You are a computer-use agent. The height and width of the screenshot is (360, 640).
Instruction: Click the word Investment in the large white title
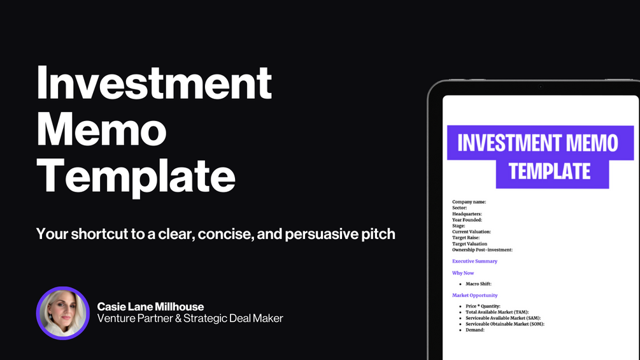pos(154,83)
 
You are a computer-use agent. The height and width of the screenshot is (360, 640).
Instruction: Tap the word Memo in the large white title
pos(102,129)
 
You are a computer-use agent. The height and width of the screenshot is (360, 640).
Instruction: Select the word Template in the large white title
pos(136,176)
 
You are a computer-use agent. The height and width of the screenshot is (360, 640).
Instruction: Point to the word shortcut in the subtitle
pos(99,234)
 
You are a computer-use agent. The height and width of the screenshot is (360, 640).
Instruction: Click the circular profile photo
pos(63,313)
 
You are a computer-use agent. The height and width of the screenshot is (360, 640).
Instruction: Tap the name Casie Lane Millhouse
pos(151,306)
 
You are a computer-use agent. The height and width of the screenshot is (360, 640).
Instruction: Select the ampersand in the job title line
pos(178,319)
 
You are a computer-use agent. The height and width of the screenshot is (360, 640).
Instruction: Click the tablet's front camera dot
pos(541,87)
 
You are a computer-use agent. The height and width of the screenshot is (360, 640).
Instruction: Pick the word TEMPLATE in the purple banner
pos(550,171)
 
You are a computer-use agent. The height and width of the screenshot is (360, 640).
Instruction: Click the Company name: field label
pos(469,201)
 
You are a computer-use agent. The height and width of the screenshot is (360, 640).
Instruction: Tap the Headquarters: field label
pos(467,214)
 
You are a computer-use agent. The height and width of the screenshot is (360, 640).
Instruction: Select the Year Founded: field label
pos(467,220)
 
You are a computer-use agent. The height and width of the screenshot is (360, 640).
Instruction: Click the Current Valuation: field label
pos(471,231)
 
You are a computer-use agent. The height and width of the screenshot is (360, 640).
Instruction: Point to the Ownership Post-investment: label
pos(482,250)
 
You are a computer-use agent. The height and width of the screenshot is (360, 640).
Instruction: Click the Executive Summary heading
pos(474,261)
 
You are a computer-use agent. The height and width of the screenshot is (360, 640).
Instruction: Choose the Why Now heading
pos(463,273)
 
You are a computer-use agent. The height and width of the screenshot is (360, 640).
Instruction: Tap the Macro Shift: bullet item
pos(478,284)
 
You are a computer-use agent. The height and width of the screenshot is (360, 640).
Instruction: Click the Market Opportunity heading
pos(474,295)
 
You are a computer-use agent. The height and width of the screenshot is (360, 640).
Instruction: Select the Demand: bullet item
pos(475,330)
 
